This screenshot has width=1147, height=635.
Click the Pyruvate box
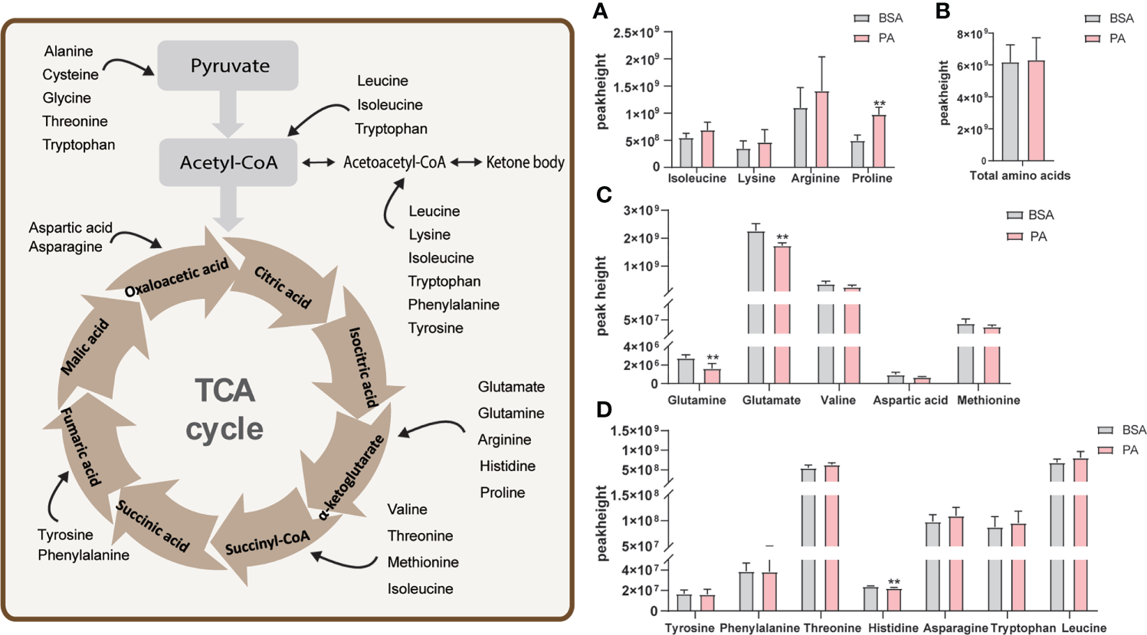pyautogui.click(x=228, y=66)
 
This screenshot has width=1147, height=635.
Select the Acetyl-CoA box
pyautogui.click(x=228, y=162)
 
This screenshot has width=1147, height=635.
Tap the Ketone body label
pyautogui.click(x=525, y=162)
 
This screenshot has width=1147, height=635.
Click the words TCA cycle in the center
pyautogui.click(x=224, y=410)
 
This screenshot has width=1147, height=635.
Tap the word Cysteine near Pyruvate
pyautogui.click(x=70, y=75)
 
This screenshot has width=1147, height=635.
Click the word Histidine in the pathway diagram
pyautogui.click(x=507, y=466)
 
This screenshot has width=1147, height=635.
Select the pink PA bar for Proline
pyautogui.click(x=879, y=141)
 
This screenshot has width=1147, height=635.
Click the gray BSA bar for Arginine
pyautogui.click(x=801, y=138)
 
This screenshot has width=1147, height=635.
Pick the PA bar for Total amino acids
pyautogui.click(x=1036, y=111)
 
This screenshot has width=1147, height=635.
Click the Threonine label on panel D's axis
pyautogui.click(x=832, y=628)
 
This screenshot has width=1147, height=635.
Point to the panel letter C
pyautogui.click(x=604, y=195)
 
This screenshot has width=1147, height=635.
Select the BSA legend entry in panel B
pyautogui.click(x=1110, y=18)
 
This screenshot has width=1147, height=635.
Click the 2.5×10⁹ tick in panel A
pyautogui.click(x=636, y=33)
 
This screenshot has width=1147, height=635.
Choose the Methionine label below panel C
pyautogui.click(x=988, y=400)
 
